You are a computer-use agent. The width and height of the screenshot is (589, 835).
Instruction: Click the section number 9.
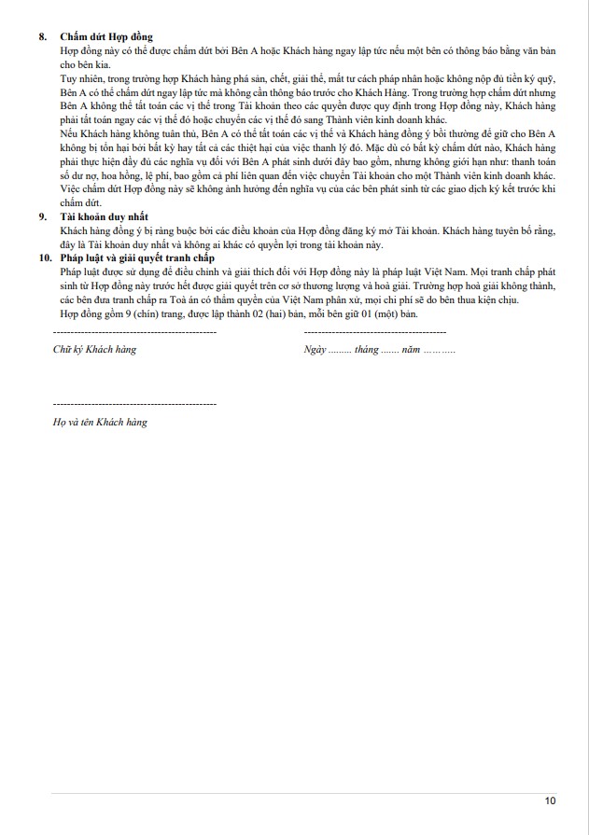click(x=41, y=216)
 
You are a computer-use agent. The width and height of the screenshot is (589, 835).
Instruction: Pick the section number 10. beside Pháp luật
click(x=44, y=257)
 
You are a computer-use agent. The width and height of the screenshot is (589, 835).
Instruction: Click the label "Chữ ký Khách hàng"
click(x=94, y=350)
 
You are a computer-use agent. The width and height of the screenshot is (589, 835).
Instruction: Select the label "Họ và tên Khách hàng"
click(x=100, y=422)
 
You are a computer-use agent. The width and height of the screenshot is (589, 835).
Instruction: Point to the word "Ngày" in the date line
click(x=315, y=350)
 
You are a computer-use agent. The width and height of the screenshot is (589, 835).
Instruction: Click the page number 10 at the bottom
click(x=550, y=800)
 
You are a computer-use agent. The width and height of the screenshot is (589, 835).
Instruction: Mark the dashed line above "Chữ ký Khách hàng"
click(x=134, y=333)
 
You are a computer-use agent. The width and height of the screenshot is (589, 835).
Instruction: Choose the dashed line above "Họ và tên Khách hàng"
click(x=134, y=404)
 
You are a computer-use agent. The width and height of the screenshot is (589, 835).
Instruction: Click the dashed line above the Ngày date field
click(x=375, y=333)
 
